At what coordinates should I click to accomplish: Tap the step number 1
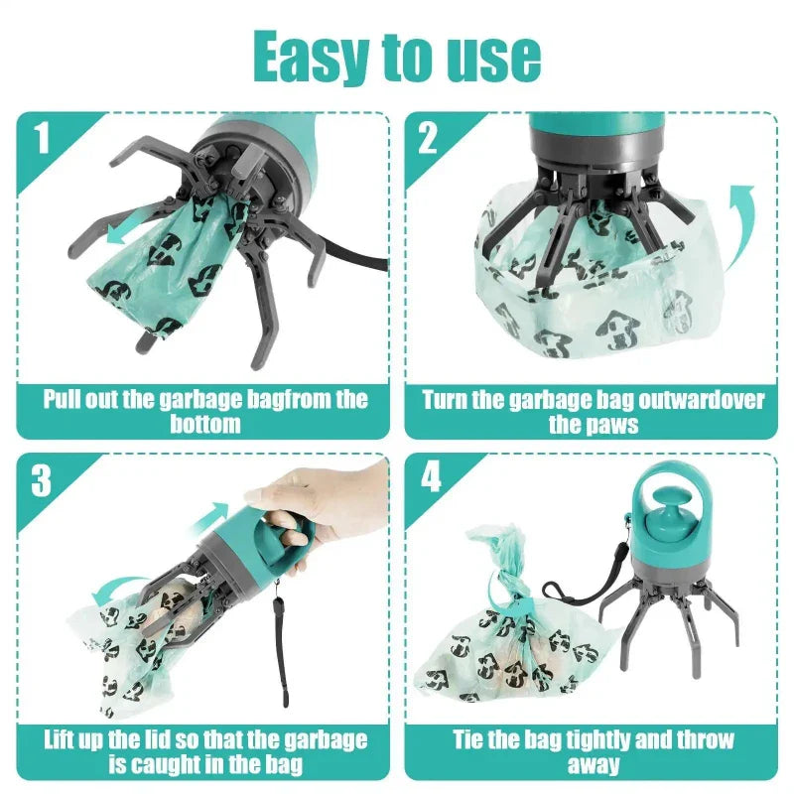click(41, 138)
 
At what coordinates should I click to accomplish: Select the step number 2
click(428, 138)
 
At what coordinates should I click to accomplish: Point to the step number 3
click(41, 480)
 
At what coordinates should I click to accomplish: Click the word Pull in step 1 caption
click(65, 400)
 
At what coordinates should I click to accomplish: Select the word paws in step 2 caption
click(615, 425)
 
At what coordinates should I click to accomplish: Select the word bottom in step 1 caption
click(205, 425)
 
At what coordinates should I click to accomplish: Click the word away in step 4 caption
click(594, 764)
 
